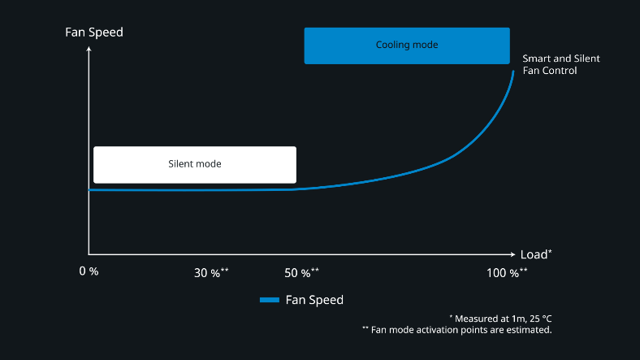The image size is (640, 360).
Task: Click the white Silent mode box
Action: (195, 164)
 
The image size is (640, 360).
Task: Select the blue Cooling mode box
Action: (407, 46)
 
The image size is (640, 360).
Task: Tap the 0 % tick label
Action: (89, 271)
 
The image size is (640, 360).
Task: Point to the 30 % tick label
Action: (211, 273)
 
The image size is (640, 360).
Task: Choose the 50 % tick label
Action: (301, 273)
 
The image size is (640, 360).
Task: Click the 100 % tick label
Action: (507, 273)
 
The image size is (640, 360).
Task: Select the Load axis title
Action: (536, 254)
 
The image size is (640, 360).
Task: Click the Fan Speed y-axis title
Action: (94, 33)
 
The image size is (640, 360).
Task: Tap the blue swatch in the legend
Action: (270, 300)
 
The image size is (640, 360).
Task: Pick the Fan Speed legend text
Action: (314, 300)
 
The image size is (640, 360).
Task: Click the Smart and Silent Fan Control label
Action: (561, 64)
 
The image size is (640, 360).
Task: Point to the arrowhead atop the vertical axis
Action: (89, 49)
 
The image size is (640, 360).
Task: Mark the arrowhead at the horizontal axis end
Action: (513, 254)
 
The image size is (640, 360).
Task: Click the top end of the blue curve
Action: (513, 72)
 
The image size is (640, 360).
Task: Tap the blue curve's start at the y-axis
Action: (89, 190)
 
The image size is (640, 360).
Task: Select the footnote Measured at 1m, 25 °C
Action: (500, 319)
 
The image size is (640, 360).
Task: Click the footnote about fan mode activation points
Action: (456, 330)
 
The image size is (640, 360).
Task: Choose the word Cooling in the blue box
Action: (391, 45)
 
